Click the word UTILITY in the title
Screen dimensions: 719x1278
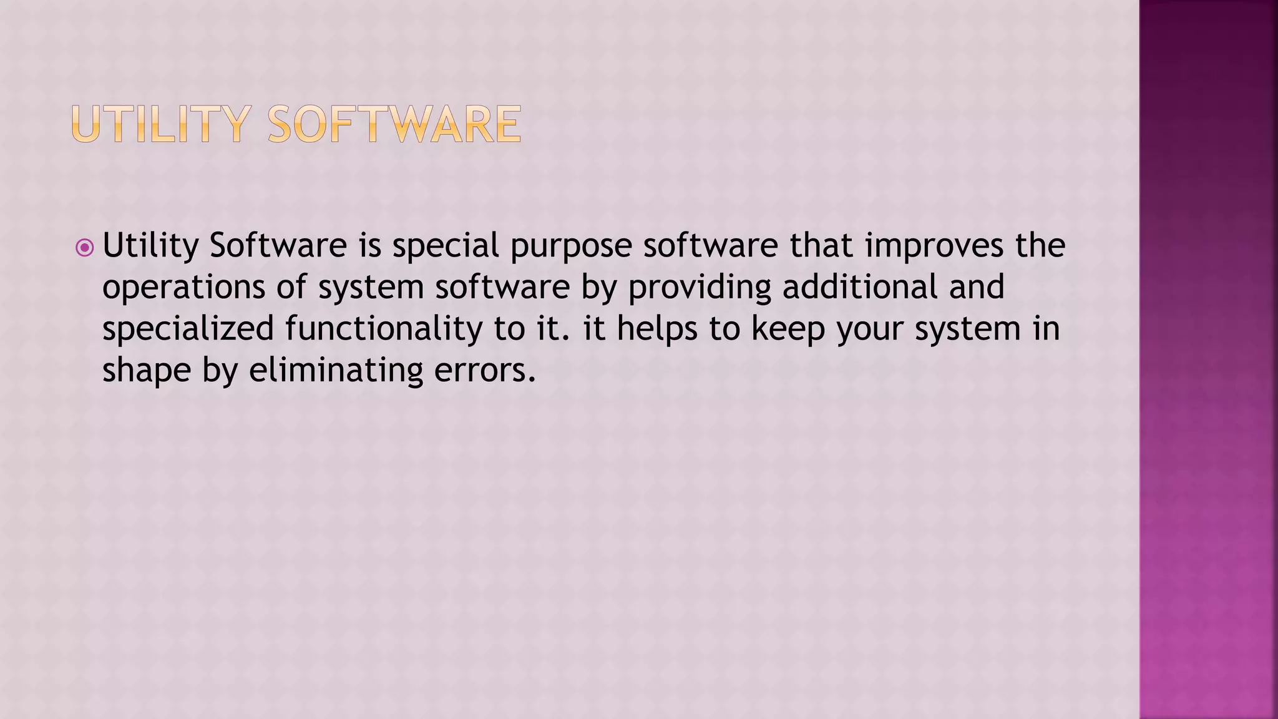tap(161, 125)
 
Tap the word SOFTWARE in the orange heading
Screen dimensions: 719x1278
tap(394, 125)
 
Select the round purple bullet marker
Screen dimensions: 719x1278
tap(84, 248)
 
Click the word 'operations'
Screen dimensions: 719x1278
tap(184, 288)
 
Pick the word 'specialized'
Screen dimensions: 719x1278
tap(188, 330)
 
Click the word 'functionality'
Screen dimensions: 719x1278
tap(384, 330)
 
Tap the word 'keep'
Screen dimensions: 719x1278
tap(788, 329)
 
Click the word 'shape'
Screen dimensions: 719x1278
tap(146, 371)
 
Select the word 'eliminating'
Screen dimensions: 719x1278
tap(336, 371)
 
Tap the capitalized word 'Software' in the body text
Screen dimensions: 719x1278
tap(278, 246)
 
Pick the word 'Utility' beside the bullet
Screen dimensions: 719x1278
tap(150, 246)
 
